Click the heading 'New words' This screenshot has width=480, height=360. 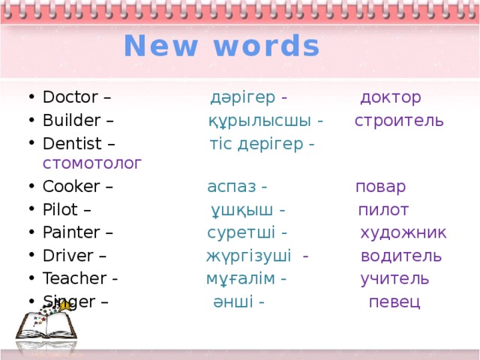222,46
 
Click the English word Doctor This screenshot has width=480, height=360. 70,97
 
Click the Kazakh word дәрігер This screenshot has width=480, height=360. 242,97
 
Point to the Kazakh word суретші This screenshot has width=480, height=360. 241,232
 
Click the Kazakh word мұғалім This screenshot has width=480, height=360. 239,279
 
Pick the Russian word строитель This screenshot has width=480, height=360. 398,121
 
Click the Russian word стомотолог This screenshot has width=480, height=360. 92,163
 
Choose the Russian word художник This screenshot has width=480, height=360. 403,232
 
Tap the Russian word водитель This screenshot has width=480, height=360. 400,256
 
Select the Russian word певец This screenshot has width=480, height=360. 394,301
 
